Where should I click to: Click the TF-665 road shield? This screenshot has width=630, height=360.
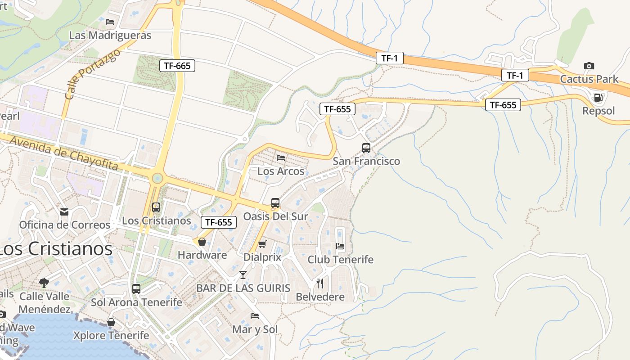pos(177,66)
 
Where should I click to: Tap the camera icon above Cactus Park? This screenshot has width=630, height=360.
pos(589,66)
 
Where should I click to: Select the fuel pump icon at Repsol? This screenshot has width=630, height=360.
pos(598,97)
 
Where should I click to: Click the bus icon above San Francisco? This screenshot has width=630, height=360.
pos(366,148)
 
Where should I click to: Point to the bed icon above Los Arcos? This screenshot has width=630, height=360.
pos(281,158)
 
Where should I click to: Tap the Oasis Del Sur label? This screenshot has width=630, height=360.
pos(275,216)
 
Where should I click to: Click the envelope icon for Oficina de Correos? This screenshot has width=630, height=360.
pos(64,211)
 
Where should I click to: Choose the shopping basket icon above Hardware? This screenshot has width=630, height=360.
pos(202,242)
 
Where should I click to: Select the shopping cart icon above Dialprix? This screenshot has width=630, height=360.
pos(262,244)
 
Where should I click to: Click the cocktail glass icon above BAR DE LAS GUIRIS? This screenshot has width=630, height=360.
pos(243,274)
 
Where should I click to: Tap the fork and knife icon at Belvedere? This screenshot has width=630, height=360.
pos(320,283)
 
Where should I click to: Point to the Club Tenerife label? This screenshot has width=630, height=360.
pos(340,260)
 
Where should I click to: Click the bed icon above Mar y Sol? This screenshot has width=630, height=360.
pos(255,316)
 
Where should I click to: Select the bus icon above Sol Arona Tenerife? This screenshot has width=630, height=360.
pos(136,289)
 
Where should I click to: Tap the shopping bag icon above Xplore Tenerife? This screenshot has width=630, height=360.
pos(111,322)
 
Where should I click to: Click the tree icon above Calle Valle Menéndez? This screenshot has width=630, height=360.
pos(44,283)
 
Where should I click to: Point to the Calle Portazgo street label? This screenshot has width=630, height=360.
pos(92,75)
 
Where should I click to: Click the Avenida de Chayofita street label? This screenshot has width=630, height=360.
pos(63,153)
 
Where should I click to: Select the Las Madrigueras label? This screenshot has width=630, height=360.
pos(110,35)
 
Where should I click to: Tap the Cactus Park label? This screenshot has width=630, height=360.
pos(589,80)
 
